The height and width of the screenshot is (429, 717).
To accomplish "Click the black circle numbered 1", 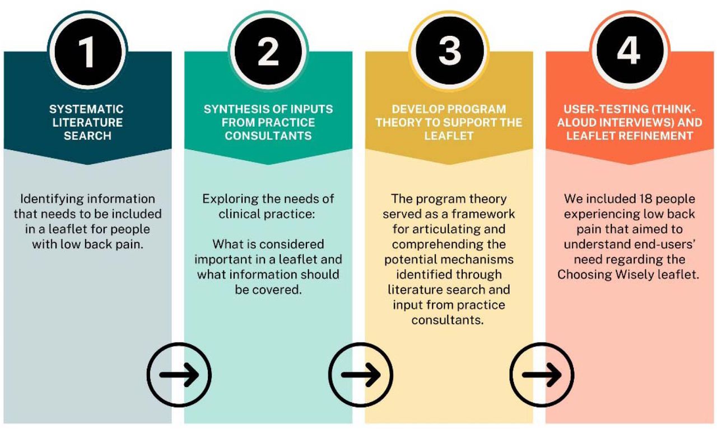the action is [x=87, y=51].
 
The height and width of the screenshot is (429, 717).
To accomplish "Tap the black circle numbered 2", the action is [x=268, y=51].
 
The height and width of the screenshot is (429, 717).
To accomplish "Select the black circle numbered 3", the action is [x=449, y=51].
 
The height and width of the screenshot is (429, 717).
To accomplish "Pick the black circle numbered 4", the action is [x=630, y=51].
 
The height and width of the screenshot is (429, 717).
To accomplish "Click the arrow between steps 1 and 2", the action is [x=179, y=375].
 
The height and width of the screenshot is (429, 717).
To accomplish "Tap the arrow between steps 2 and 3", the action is [x=361, y=375].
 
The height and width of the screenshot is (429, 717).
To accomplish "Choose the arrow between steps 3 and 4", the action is [x=542, y=375].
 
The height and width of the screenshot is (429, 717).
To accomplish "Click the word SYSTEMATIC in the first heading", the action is [x=86, y=109].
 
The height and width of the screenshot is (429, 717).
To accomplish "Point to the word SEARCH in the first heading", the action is [x=87, y=136].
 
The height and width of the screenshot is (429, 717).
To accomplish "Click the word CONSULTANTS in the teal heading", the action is [x=268, y=136].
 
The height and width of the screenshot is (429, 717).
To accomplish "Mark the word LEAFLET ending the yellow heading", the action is [x=449, y=136].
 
